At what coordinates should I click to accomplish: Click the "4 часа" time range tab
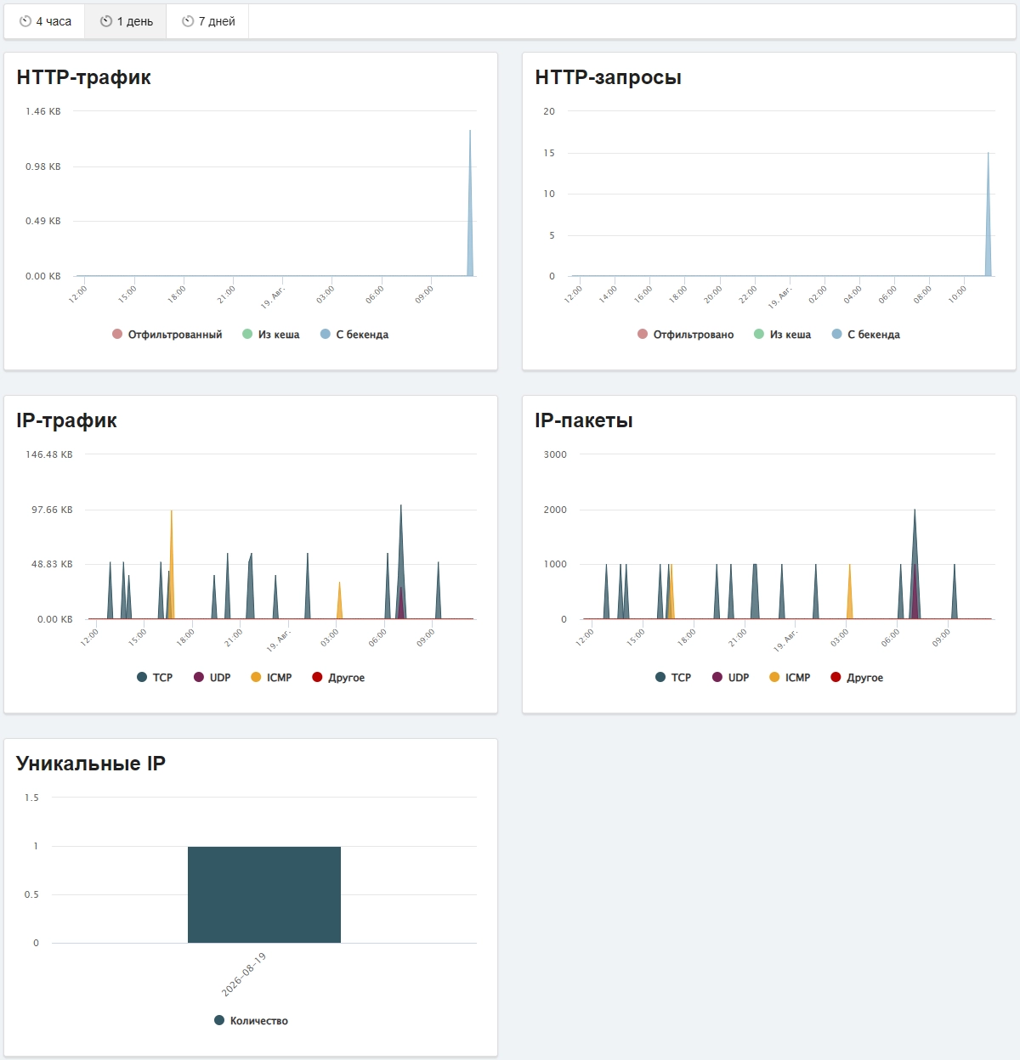tap(45, 21)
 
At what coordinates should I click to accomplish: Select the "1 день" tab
tap(126, 21)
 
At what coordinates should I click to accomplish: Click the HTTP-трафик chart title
tap(83, 77)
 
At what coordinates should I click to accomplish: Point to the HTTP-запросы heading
tap(608, 77)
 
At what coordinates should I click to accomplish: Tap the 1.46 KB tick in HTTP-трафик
tap(43, 111)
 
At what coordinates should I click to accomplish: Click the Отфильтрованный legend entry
tap(167, 334)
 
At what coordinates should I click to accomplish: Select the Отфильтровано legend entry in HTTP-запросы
tap(685, 334)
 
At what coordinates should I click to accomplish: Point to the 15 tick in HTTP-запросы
tap(548, 153)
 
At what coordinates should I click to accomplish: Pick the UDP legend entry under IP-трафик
tap(212, 677)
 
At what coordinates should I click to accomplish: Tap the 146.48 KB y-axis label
tap(49, 454)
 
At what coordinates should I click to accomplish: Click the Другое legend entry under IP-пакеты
tap(857, 677)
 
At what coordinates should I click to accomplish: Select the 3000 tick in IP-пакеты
tap(555, 454)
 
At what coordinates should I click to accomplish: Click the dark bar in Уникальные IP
tap(264, 894)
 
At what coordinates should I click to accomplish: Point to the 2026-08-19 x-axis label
tap(244, 974)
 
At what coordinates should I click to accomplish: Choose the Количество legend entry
tap(251, 1020)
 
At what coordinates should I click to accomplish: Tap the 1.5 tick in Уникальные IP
tap(31, 798)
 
